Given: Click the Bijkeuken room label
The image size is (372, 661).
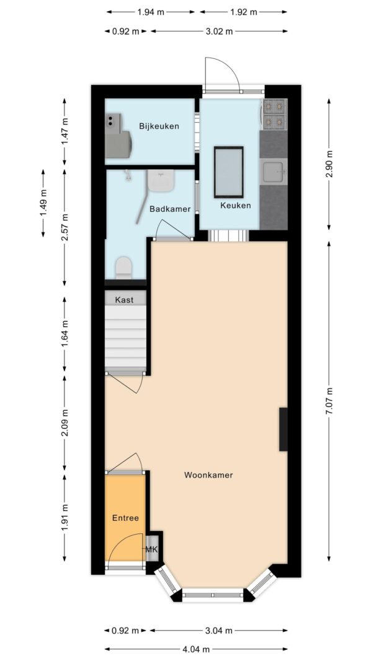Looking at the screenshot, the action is click(159, 126).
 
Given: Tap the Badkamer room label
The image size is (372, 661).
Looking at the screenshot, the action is click(170, 209).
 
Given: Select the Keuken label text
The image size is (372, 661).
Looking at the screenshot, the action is click(236, 206).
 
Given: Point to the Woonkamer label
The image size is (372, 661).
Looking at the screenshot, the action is click(208, 475).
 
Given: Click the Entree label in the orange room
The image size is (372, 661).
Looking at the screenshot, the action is click(125, 518).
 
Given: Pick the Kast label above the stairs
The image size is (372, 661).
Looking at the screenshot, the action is click(125, 300).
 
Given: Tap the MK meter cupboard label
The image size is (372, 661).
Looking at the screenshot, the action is click(151, 549).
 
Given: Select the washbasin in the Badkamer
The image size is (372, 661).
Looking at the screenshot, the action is click(161, 181).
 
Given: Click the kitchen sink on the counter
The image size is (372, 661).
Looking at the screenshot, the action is click(273, 172).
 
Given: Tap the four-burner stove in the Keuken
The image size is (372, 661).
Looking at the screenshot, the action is click(275, 114).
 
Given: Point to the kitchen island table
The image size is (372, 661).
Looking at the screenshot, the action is click(229, 172).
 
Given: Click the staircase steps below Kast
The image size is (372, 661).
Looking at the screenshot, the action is click(125, 337).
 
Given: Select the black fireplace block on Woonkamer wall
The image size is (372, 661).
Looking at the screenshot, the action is click(283, 429).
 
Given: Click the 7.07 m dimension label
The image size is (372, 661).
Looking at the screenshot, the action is click(329, 401).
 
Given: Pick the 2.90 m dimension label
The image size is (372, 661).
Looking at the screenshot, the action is click(329, 164).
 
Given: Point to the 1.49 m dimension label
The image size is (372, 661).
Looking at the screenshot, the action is click(43, 203).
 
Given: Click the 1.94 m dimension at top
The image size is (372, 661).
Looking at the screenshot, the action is click(151, 12).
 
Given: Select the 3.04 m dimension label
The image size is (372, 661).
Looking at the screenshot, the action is click(219, 631).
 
